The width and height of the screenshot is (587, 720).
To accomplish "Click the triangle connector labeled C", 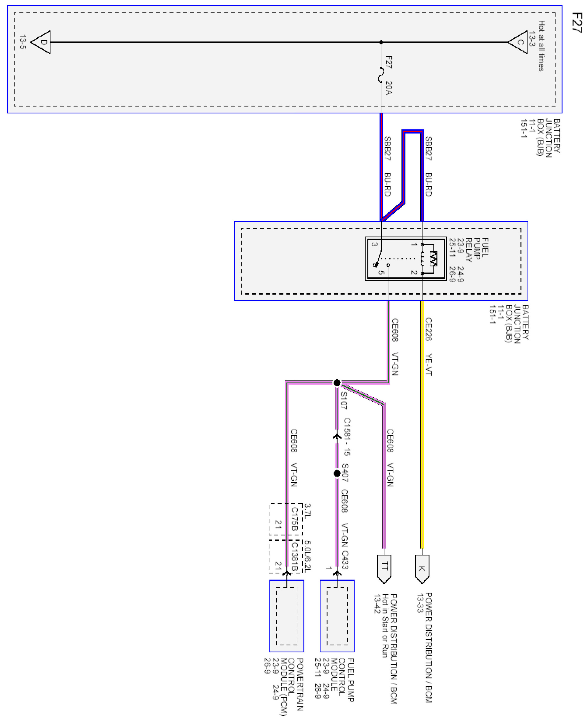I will pos(519,42).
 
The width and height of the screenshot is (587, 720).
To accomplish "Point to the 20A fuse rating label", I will pos(389,88).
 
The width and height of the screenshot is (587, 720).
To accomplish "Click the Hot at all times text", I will pos(541,46).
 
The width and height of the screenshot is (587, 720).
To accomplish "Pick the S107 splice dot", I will pos(337,383).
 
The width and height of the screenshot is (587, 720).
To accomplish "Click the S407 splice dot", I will pos(337,473).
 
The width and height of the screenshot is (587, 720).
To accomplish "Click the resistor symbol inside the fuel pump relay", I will pos(434,259).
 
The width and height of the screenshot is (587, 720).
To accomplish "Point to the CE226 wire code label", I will pos(428,329).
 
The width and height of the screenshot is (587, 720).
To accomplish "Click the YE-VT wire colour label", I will pos(428,364).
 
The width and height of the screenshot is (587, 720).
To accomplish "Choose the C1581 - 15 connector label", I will pos(347,437).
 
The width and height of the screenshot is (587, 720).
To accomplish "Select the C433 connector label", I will pos(345,560).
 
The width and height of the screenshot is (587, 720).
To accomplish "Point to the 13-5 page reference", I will pos(23,42).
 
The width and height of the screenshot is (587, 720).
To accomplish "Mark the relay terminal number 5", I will pos(381,272).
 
